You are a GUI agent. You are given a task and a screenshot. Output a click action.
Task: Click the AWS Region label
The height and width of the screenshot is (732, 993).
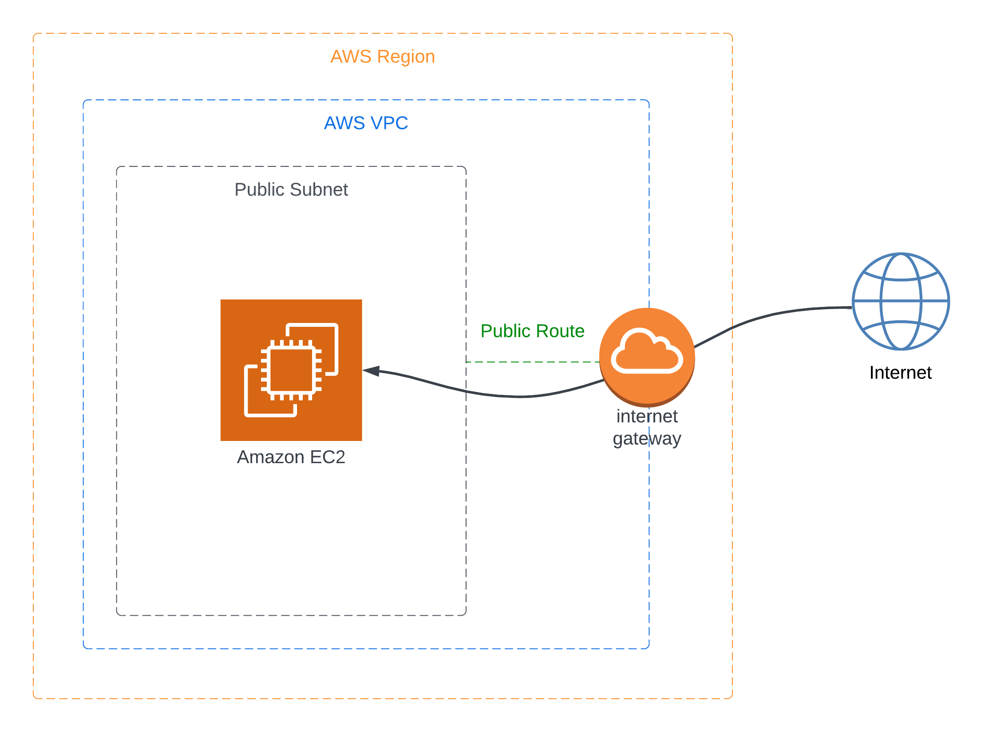pyautogui.click(x=383, y=57)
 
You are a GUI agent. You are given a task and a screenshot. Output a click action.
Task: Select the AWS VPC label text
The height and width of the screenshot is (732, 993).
pyautogui.click(x=366, y=123)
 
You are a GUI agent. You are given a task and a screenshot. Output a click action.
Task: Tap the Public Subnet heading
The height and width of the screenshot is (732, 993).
pyautogui.click(x=291, y=190)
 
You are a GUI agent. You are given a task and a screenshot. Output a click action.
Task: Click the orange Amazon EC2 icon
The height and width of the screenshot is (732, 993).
pyautogui.click(x=291, y=370)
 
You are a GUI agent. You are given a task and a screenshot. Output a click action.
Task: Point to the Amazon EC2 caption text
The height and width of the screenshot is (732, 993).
pyautogui.click(x=291, y=457)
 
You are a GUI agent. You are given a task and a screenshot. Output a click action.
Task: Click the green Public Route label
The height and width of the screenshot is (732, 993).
pyautogui.click(x=532, y=331)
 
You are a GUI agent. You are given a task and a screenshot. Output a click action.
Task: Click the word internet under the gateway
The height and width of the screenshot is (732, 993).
pyautogui.click(x=647, y=417)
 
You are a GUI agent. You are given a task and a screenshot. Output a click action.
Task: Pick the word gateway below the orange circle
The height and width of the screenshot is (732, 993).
pyautogui.click(x=647, y=439)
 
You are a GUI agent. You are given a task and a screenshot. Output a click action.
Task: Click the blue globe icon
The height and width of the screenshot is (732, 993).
pyautogui.click(x=901, y=301)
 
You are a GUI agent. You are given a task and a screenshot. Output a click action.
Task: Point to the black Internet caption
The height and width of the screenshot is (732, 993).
pyautogui.click(x=900, y=373)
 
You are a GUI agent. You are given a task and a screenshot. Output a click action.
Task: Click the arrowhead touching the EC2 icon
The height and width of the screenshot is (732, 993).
pyautogui.click(x=372, y=370)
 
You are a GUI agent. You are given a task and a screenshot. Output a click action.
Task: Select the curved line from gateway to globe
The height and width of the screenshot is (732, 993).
pyautogui.click(x=772, y=315)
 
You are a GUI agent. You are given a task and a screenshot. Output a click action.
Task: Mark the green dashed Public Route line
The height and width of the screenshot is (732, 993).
pyautogui.click(x=533, y=362)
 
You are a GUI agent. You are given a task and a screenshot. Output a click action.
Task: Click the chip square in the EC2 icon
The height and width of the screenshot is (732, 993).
pyautogui.click(x=291, y=370)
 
